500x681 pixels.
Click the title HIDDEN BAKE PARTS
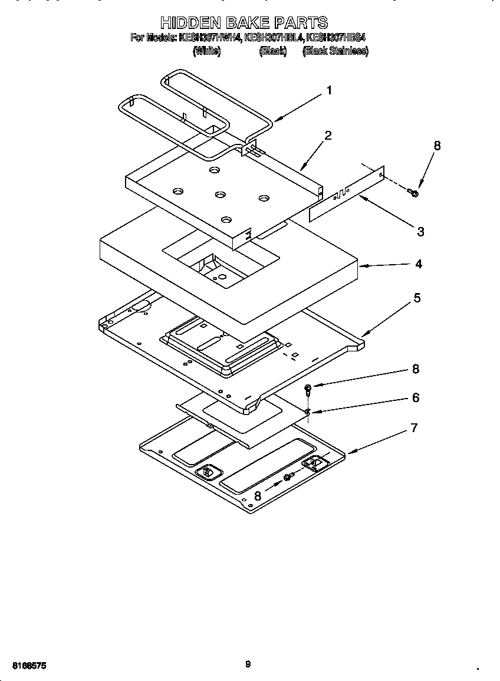tap(244, 23)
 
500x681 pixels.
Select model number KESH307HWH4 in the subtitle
tap(210, 38)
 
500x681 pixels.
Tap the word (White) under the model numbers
tap(206, 51)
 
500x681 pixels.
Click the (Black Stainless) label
tap(335, 51)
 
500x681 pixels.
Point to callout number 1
tap(329, 90)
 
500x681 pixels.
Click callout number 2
tap(328, 136)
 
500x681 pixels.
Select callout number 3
tap(420, 232)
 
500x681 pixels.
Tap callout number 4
tap(418, 264)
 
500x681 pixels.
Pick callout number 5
tap(417, 298)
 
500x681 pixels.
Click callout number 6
tap(416, 398)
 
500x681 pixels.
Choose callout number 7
tap(415, 427)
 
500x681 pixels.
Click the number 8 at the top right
tap(437, 146)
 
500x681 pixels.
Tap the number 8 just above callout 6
tap(416, 369)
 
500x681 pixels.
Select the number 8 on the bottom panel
tap(258, 496)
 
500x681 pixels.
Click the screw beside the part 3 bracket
tap(413, 192)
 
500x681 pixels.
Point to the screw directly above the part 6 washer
tap(308, 389)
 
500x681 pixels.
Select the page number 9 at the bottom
tap(248, 664)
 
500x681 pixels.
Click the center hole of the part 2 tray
tap(221, 195)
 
